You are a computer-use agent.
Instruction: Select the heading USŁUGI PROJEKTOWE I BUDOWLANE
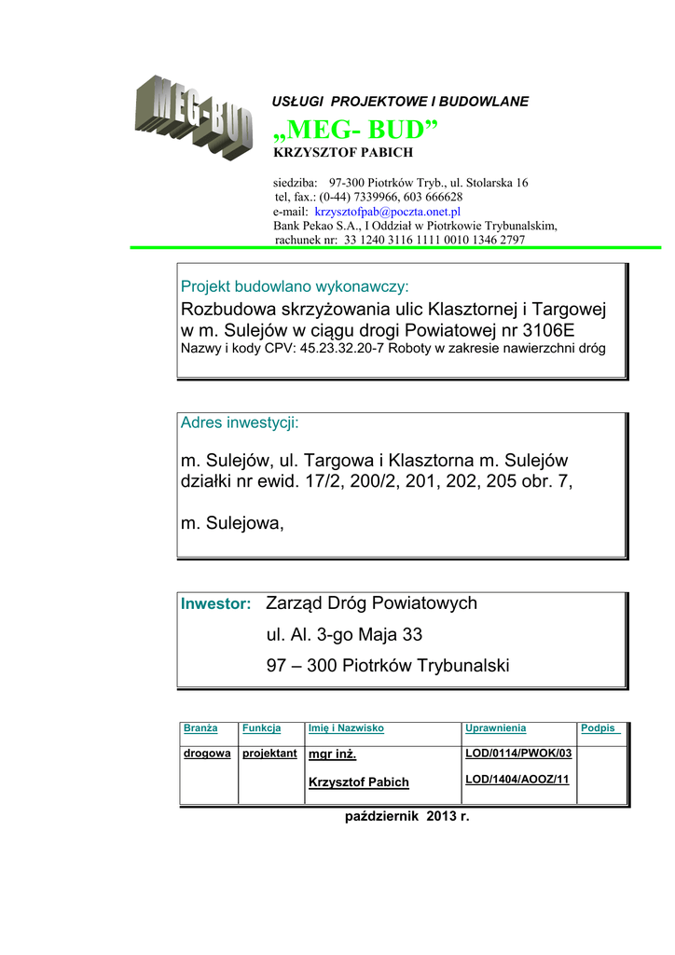click(x=400, y=101)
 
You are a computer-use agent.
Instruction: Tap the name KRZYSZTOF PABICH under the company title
click(x=342, y=152)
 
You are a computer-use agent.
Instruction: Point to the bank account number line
click(x=400, y=240)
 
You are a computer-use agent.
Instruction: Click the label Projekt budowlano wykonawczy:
click(x=295, y=286)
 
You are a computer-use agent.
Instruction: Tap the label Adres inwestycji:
click(x=240, y=423)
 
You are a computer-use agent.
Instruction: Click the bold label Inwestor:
click(x=215, y=604)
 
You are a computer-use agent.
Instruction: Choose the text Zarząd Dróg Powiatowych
click(x=371, y=603)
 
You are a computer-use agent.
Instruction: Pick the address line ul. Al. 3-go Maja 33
click(x=344, y=635)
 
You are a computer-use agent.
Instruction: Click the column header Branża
click(x=200, y=728)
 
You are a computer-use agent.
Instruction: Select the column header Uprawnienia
click(x=495, y=728)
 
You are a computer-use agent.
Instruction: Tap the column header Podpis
click(x=599, y=728)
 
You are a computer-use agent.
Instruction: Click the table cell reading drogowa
click(x=207, y=754)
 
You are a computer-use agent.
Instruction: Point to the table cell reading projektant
click(x=269, y=754)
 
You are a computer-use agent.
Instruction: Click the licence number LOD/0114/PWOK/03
click(x=518, y=754)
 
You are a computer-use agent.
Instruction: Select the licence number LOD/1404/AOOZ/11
click(x=517, y=780)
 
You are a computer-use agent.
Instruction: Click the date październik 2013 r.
click(x=407, y=817)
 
